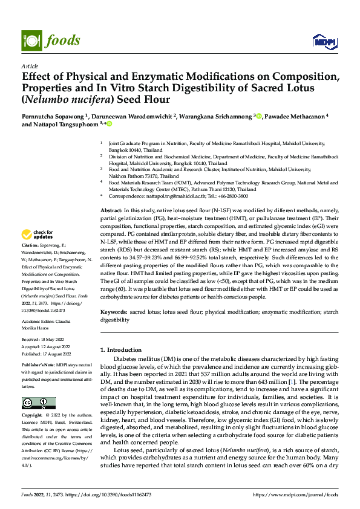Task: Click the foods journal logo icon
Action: point(30,40)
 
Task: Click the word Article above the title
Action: point(29,66)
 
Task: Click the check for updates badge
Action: point(38,235)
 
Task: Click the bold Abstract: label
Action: point(113,209)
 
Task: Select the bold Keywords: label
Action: point(114,312)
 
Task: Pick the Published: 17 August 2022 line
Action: point(47,354)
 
